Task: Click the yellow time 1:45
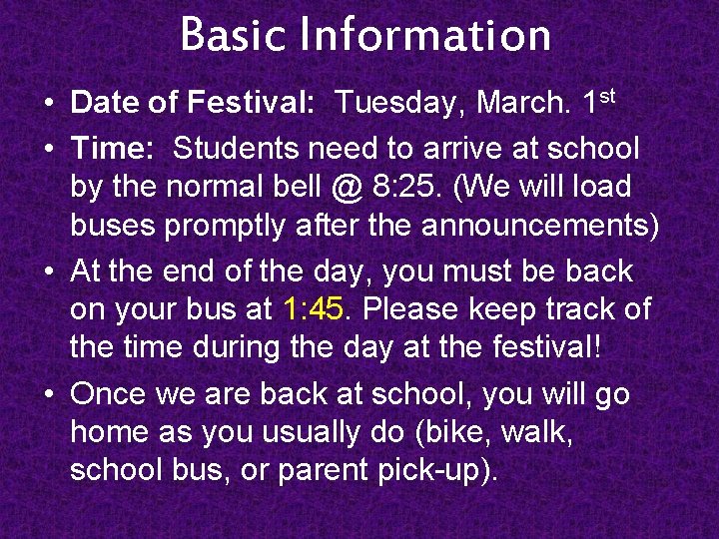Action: coord(314,309)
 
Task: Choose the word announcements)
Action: coord(540,226)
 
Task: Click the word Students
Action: coord(236,149)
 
